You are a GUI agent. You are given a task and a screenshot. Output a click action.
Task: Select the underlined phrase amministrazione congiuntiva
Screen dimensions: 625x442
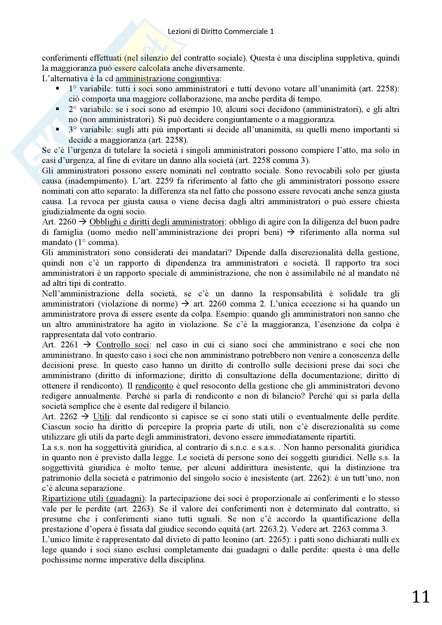click(x=167, y=79)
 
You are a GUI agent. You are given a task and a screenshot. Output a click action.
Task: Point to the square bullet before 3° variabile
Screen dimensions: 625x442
click(x=57, y=129)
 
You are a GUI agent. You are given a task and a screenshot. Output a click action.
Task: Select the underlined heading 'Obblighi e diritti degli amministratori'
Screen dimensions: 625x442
click(x=157, y=222)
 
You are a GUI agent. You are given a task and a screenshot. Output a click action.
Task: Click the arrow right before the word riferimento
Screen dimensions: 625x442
click(x=291, y=232)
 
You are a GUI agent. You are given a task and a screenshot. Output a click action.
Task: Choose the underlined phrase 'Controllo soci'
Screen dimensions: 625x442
click(x=122, y=345)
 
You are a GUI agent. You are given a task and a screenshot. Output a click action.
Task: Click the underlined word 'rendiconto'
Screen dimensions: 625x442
click(x=154, y=386)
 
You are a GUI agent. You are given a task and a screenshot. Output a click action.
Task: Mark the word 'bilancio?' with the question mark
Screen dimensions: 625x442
click(x=287, y=396)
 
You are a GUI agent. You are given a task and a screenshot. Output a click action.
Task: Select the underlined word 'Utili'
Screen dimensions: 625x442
click(x=101, y=417)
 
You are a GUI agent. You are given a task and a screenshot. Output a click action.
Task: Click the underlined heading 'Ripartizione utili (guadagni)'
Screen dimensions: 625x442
click(x=93, y=498)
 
